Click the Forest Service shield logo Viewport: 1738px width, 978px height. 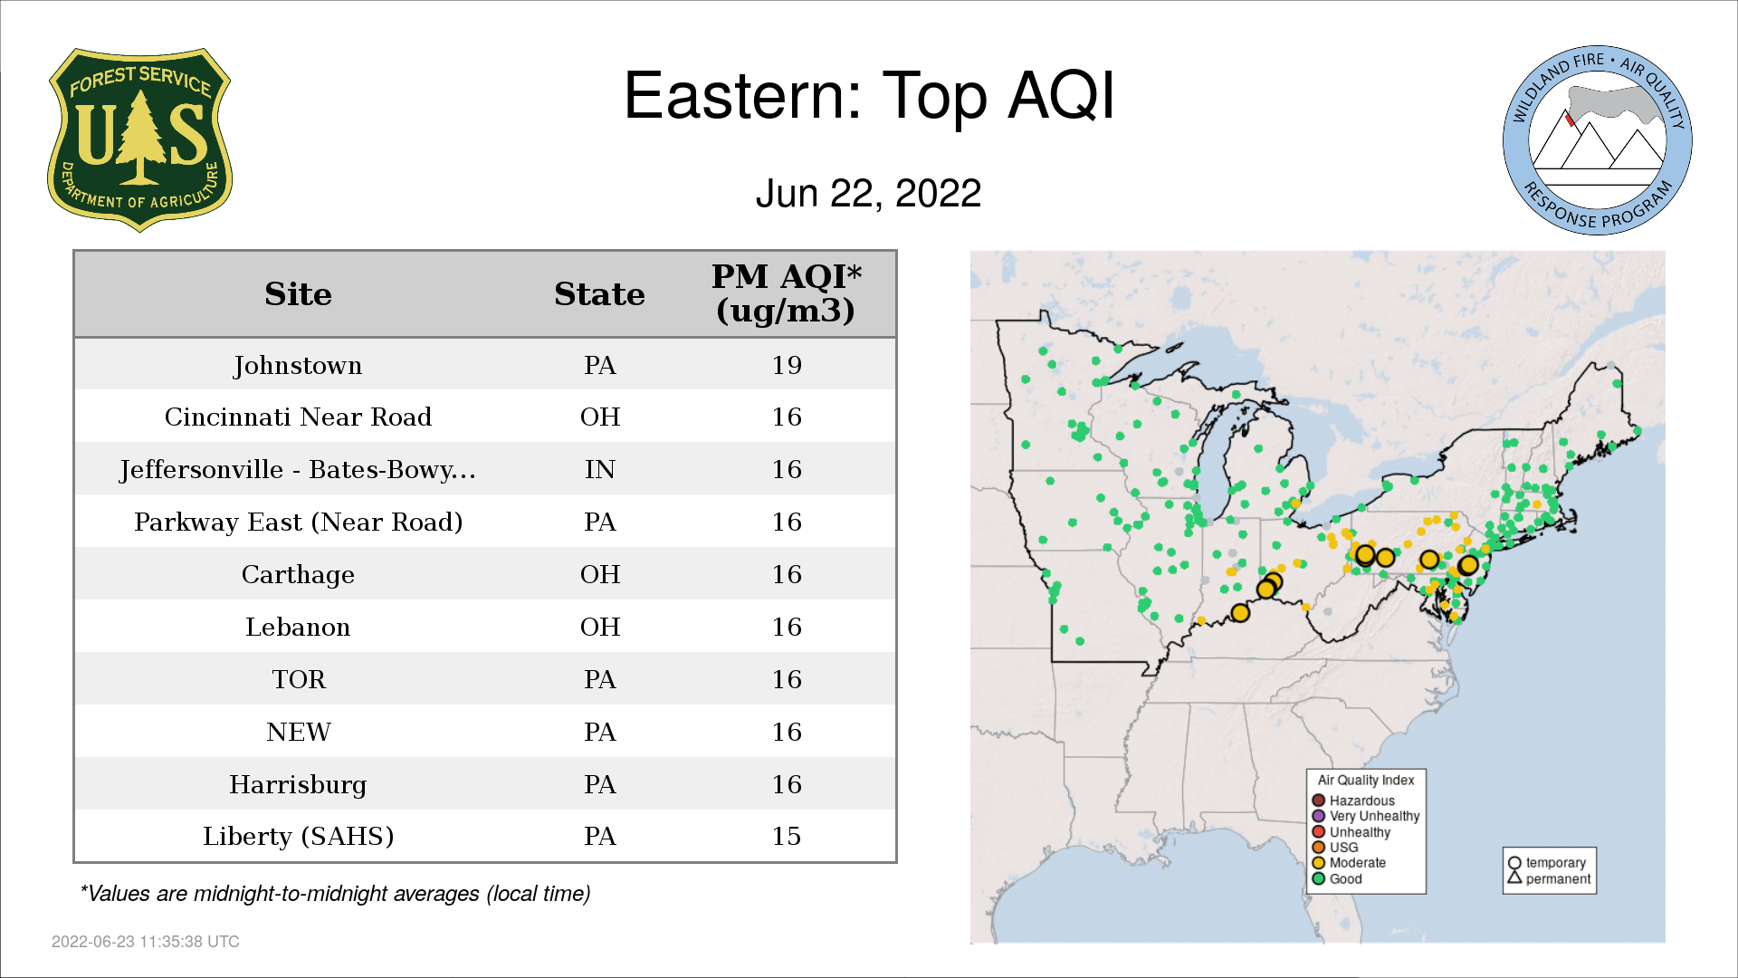(139, 139)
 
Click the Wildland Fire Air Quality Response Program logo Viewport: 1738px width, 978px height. (1598, 140)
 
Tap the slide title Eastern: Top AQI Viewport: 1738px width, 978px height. (869, 96)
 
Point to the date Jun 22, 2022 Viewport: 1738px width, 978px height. (868, 193)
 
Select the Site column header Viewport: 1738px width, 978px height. (298, 294)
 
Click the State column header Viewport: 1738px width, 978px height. (599, 294)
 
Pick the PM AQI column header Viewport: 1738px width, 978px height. (786, 293)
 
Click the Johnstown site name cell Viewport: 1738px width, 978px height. (298, 365)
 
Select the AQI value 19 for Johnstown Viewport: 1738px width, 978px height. (787, 365)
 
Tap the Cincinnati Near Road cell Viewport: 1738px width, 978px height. (298, 417)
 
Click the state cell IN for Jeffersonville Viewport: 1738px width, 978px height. (599, 469)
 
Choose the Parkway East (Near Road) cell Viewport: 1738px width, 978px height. (298, 523)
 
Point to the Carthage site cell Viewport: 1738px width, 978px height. (298, 575)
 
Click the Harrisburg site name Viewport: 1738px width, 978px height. (298, 784)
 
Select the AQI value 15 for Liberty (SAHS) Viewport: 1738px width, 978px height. (787, 836)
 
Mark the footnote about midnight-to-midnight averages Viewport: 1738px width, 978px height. (335, 894)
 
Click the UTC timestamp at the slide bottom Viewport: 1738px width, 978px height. (146, 942)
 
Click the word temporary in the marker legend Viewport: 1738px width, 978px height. (1556, 863)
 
